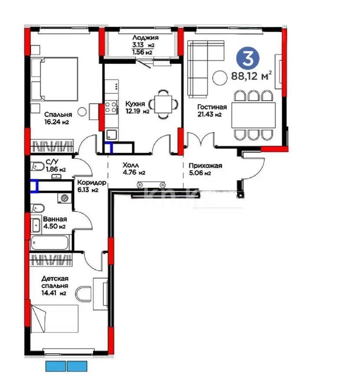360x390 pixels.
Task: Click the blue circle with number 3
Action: pyautogui.click(x=248, y=58)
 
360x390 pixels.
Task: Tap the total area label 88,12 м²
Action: pyautogui.click(x=251, y=75)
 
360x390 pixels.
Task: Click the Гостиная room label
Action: pyautogui.click(x=212, y=107)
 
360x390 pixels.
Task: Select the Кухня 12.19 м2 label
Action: pyautogui.click(x=137, y=107)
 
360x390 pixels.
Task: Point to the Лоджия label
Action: pyautogui.click(x=145, y=38)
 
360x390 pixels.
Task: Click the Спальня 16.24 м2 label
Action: pyautogui.click(x=58, y=118)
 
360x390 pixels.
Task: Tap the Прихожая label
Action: pyautogui.click(x=206, y=166)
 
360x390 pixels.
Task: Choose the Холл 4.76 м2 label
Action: pyautogui.click(x=134, y=169)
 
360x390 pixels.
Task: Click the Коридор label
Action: pyautogui.click(x=88, y=182)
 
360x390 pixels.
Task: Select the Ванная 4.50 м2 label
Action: pyautogui.click(x=55, y=223)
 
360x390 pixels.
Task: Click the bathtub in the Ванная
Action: pyautogui.click(x=49, y=243)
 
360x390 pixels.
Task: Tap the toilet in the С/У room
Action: pyautogui.click(x=38, y=166)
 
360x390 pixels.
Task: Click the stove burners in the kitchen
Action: pyautogui.click(x=111, y=107)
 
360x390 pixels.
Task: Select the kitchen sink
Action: pyautogui.click(x=112, y=135)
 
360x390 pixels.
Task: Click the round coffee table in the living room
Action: pyautogui.click(x=219, y=78)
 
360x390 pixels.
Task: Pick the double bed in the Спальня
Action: pyautogui.click(x=55, y=79)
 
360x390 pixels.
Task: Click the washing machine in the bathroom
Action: pyautogui.click(x=65, y=198)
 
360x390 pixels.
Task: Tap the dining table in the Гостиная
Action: pyautogui.click(x=253, y=115)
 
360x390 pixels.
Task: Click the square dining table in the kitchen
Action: pyautogui.click(x=163, y=104)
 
